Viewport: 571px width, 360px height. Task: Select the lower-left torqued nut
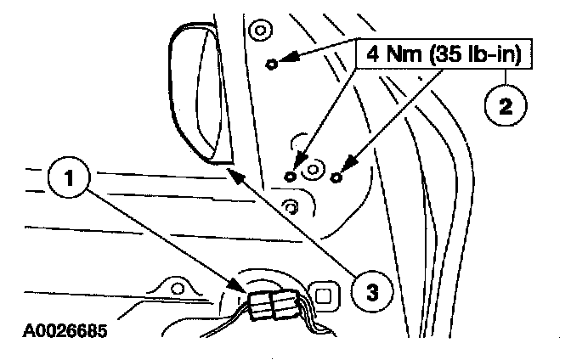coord(291,175)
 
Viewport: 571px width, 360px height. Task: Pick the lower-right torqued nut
coord(337,176)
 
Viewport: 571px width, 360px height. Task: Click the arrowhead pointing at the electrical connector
coord(243,290)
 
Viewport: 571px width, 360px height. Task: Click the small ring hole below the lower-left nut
coord(291,205)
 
